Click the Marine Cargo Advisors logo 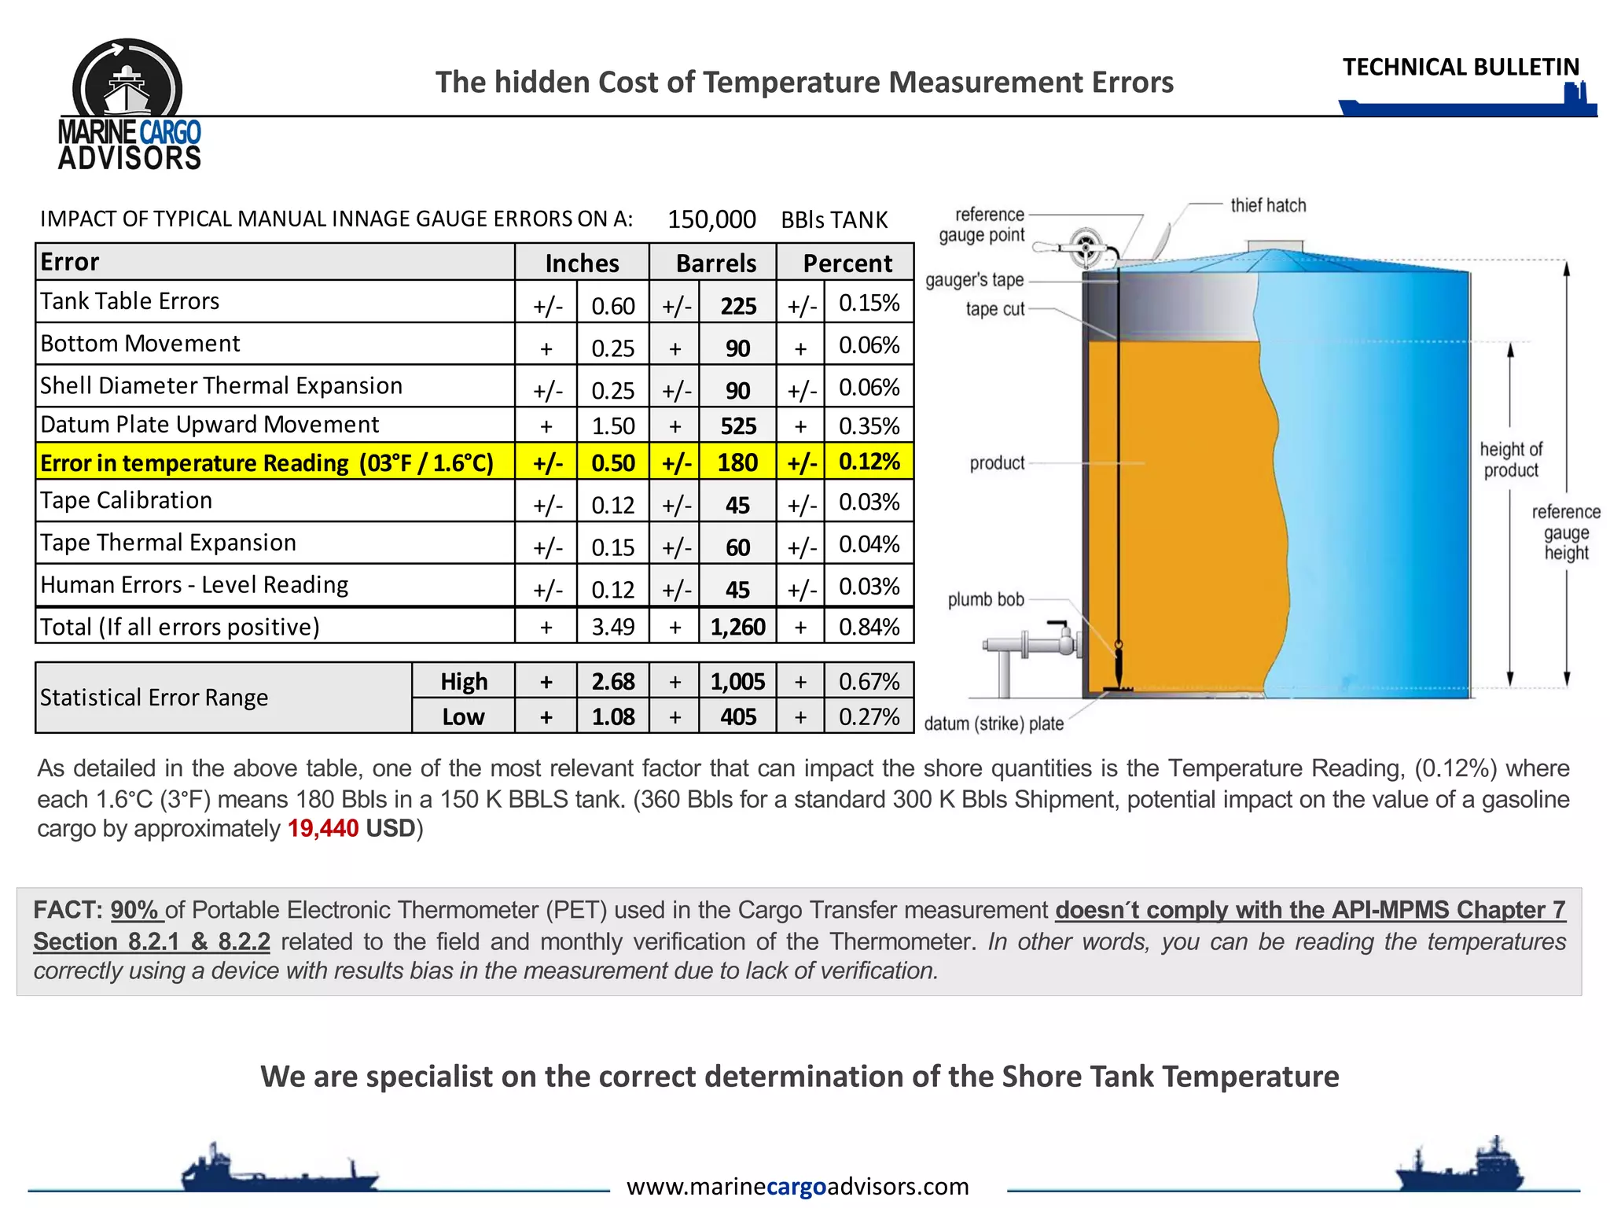coord(128,105)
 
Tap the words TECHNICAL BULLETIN coord(1461,68)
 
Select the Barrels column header coord(715,263)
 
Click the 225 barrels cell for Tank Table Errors coord(738,305)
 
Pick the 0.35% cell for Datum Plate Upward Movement coord(869,425)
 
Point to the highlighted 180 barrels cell coord(737,462)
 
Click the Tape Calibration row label coord(127,501)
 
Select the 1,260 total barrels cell coord(737,627)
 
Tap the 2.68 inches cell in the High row coord(612,681)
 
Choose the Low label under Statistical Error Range coord(463,716)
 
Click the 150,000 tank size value coord(711,219)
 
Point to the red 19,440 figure coord(323,828)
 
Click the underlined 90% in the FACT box coord(134,910)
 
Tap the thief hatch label coord(1268,205)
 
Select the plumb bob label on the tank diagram coord(986,600)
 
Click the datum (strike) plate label coord(994,724)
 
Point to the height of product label coord(1511,460)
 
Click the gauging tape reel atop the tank coord(1086,247)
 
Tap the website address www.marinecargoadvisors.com coord(797,1186)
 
